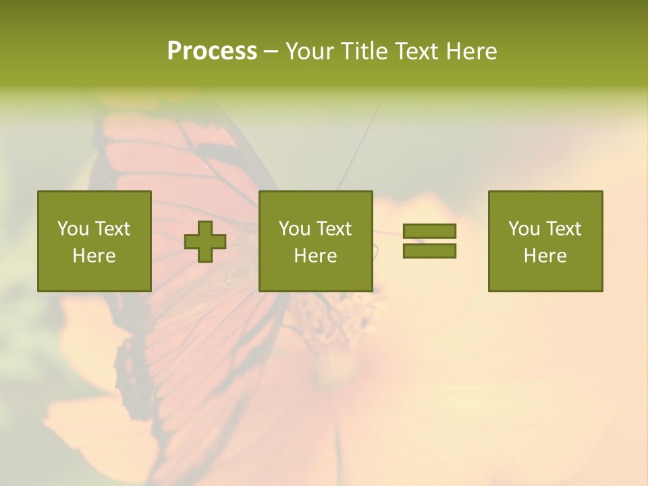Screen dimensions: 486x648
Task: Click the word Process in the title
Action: click(212, 51)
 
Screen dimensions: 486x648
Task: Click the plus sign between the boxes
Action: click(205, 242)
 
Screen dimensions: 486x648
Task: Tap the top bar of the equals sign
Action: click(429, 232)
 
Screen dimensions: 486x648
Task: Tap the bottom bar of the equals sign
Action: click(429, 250)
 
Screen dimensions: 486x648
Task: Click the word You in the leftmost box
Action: click(73, 229)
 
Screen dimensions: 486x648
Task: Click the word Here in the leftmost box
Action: click(94, 256)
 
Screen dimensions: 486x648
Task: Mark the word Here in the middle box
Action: click(315, 256)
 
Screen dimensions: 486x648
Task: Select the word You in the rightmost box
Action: click(524, 229)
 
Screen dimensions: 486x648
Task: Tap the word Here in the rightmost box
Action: click(545, 256)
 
